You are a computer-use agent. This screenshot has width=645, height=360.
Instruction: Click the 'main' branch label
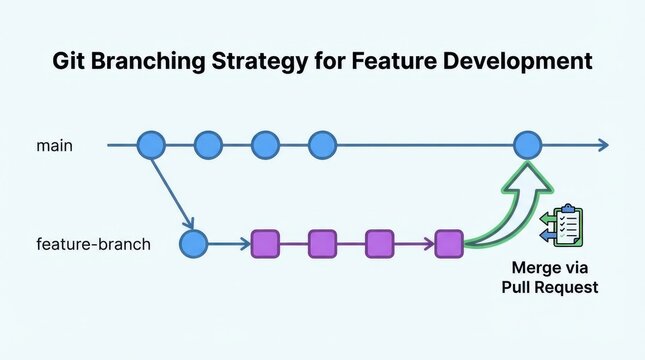click(54, 146)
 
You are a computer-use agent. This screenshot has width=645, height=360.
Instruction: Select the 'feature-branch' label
click(93, 243)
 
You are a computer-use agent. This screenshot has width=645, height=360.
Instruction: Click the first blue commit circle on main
click(150, 145)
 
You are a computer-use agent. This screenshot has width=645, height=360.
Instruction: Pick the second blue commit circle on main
click(207, 145)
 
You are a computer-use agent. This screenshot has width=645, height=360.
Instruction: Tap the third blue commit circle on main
click(264, 145)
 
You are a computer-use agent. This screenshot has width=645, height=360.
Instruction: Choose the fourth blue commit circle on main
click(321, 145)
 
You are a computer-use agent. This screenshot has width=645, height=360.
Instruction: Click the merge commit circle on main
click(527, 145)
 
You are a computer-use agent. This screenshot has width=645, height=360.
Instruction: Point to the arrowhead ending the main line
click(600, 145)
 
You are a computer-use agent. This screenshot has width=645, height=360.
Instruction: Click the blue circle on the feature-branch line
click(193, 243)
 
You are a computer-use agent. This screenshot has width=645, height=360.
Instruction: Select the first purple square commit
click(265, 243)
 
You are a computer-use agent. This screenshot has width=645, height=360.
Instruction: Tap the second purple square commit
click(322, 243)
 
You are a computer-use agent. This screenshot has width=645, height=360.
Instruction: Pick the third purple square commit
click(379, 243)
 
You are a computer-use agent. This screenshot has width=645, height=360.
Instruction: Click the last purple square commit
click(449, 243)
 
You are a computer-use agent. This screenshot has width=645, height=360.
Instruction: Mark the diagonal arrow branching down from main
click(171, 193)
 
